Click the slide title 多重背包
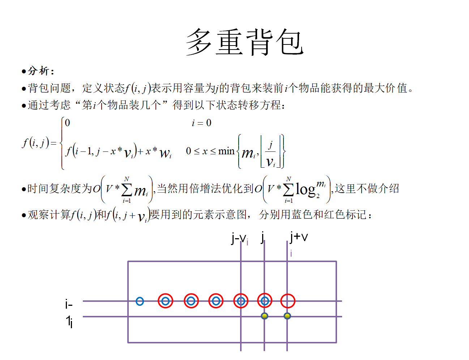click(x=245, y=42)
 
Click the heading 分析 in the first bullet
click(x=38, y=71)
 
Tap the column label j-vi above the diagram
click(x=240, y=239)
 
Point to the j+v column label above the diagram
click(x=298, y=237)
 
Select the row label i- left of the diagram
click(x=69, y=304)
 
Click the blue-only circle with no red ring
click(x=140, y=301)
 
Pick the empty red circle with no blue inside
click(x=288, y=301)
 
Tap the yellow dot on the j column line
click(x=264, y=316)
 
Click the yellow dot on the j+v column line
click(x=287, y=316)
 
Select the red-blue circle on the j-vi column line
click(x=241, y=301)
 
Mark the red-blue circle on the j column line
click(x=264, y=301)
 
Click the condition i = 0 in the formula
click(x=201, y=123)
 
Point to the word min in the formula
click(x=226, y=151)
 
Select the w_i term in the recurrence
click(x=165, y=153)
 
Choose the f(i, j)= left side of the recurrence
click(x=39, y=143)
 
